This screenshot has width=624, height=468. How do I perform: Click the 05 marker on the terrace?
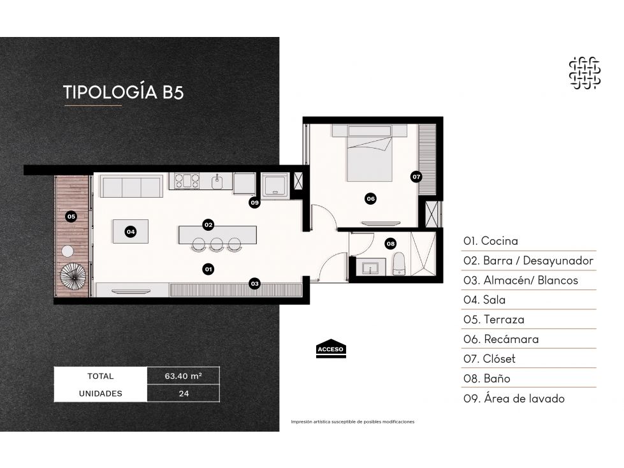(71, 217)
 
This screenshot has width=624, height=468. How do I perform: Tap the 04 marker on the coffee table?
(131, 231)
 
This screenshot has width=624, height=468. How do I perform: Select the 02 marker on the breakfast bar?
(208, 225)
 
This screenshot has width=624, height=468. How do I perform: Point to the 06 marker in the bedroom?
(370, 198)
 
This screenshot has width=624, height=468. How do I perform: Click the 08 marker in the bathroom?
(391, 244)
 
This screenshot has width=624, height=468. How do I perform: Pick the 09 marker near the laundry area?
(254, 203)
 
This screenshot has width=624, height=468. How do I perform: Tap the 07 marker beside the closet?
(416, 177)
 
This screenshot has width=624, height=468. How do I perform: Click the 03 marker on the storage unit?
(254, 284)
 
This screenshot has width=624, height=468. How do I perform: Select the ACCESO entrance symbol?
(331, 349)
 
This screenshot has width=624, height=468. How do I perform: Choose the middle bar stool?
(216, 244)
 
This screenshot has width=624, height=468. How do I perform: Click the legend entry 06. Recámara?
(501, 339)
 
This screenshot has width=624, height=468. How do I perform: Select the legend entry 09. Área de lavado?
(514, 399)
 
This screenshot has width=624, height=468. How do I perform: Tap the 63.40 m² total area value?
(183, 376)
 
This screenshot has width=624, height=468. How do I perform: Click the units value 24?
(184, 393)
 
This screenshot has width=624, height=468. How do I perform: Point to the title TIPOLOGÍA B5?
(124, 92)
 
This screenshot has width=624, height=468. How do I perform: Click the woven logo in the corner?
(584, 73)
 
